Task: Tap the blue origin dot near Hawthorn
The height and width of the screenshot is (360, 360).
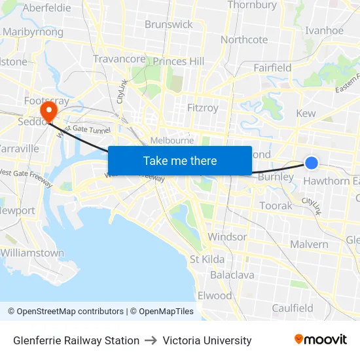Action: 312,163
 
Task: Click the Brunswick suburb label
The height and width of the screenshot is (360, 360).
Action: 169,24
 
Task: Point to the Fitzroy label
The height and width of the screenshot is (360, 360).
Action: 202,107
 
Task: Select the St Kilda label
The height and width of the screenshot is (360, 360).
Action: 207,259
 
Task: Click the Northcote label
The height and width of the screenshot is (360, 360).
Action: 244,39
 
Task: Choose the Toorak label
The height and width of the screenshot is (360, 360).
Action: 276,206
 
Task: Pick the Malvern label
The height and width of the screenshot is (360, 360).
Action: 309,244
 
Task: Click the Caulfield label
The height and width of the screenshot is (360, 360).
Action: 293,308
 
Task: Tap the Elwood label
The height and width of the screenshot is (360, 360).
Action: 215,295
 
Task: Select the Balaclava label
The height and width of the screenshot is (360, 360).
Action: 232,275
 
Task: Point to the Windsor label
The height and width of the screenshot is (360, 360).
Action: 227,236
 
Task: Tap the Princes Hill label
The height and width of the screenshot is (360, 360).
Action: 179,62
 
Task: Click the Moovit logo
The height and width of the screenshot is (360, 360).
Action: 321,340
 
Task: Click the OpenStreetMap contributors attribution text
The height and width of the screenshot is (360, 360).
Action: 65,312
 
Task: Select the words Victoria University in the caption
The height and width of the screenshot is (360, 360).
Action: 207,340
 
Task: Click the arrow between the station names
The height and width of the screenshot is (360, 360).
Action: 151,340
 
